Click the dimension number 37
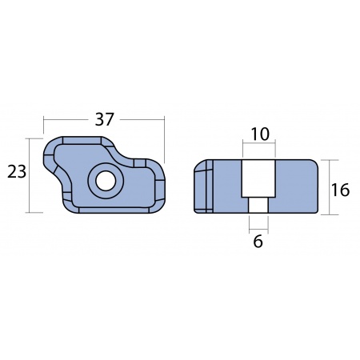105,119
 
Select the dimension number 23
15,172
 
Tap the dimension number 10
258,134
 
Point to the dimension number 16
340,190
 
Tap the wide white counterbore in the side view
258,178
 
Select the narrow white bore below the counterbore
258,205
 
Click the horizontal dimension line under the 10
258,145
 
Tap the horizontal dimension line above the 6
258,227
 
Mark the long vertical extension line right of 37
164,140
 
